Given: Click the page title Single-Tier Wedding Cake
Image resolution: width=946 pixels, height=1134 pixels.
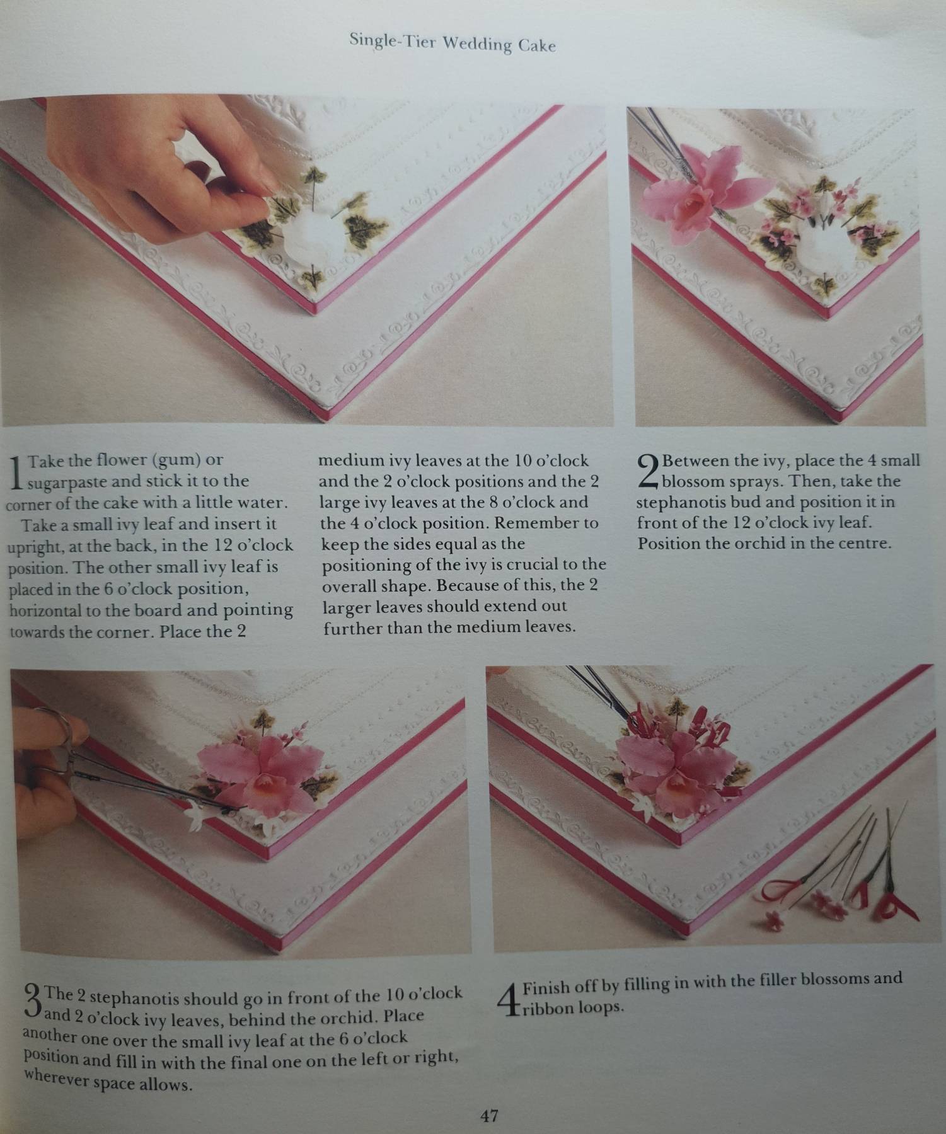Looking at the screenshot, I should (x=453, y=43).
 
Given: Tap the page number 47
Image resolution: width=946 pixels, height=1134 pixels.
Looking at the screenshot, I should (x=490, y=1116).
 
